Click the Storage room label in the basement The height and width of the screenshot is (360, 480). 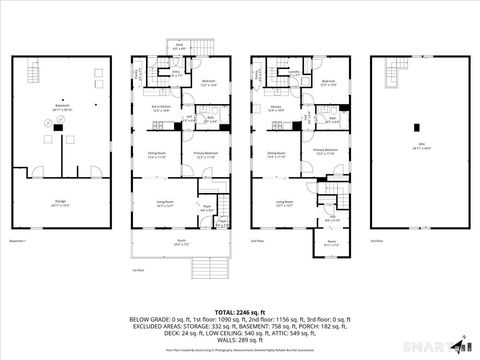click(x=59, y=203)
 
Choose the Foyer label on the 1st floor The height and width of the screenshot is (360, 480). click(x=206, y=209)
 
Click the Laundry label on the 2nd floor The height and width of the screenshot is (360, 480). click(x=295, y=73)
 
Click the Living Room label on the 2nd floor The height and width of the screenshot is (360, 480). click(x=285, y=203)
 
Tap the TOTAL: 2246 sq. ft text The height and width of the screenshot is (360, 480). click(x=240, y=312)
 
